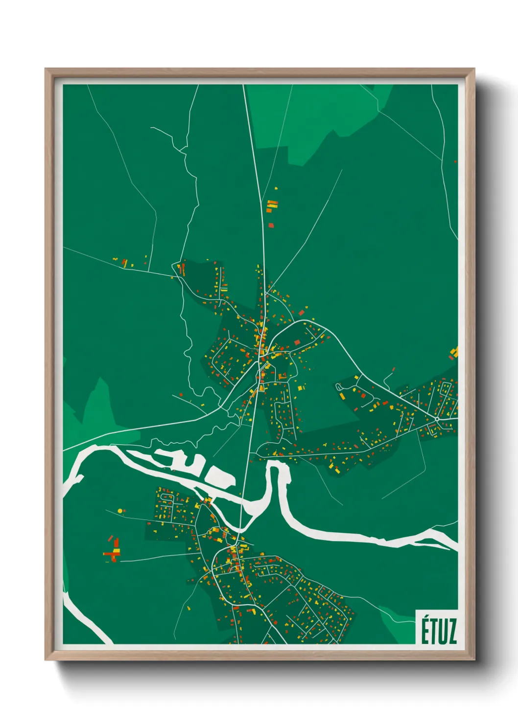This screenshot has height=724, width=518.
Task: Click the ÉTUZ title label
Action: [x=439, y=631]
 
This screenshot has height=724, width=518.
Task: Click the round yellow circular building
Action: [x=120, y=511]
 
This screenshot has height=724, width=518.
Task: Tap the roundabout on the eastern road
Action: [x=436, y=419]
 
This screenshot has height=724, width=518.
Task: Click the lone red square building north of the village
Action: [x=271, y=225]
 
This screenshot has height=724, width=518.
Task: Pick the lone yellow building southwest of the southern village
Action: [x=188, y=608]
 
